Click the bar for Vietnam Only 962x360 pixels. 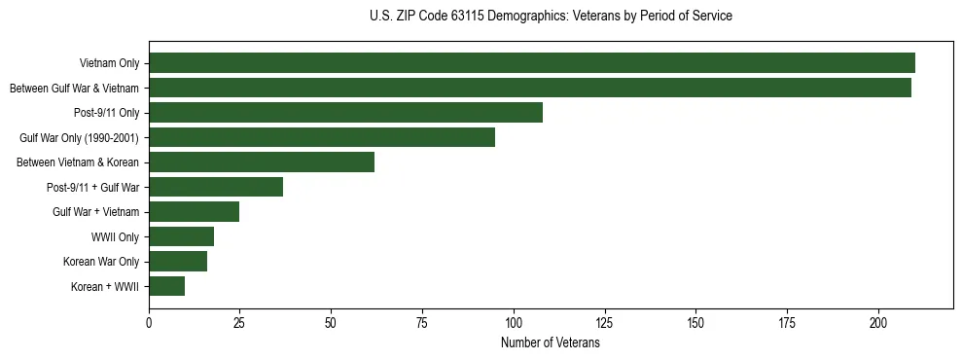point(531,63)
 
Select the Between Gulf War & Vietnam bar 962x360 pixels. point(529,88)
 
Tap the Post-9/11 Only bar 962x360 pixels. point(345,113)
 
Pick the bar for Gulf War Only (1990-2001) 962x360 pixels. point(322,137)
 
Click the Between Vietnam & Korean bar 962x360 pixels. point(262,162)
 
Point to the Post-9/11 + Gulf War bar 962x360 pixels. point(216,187)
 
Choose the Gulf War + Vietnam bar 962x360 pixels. point(194,212)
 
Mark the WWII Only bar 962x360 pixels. point(181,236)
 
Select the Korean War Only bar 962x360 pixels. point(178,262)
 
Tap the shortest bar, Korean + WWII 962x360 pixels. point(166,286)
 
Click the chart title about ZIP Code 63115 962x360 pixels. point(551,17)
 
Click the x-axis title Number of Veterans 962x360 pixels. point(551,343)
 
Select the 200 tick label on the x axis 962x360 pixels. point(878,323)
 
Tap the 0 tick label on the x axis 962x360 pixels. point(149,323)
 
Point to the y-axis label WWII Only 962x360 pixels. point(115,237)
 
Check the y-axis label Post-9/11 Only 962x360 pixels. point(106,114)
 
